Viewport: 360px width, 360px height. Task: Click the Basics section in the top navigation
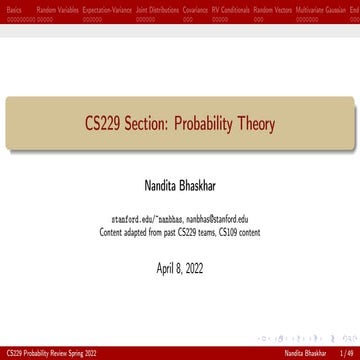click(13, 6)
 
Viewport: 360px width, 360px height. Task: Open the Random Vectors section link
click(281, 6)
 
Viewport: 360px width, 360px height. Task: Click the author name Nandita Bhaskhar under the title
click(180, 187)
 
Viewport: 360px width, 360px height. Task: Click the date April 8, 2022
click(180, 268)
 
